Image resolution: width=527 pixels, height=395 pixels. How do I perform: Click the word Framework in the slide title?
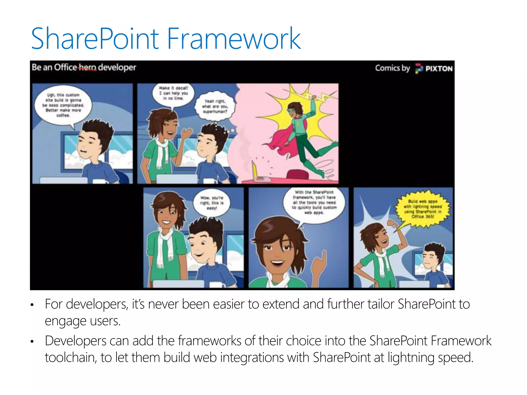pyautogui.click(x=234, y=39)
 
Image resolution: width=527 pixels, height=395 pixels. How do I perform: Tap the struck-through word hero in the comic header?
pyautogui.click(x=87, y=68)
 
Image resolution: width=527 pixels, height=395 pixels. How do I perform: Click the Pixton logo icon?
pyautogui.click(x=419, y=69)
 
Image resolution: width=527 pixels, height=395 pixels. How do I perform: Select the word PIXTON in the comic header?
pyautogui.click(x=439, y=69)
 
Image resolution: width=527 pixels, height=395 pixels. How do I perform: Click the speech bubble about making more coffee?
pyautogui.click(x=63, y=105)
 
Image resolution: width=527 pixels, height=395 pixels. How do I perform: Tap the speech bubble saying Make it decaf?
pyautogui.click(x=173, y=93)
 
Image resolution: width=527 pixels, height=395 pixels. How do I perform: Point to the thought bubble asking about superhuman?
pyautogui.click(x=215, y=106)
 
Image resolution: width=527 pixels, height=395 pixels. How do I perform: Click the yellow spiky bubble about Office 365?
pyautogui.click(x=423, y=209)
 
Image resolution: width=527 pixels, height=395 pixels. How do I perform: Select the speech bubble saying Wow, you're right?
pyautogui.click(x=212, y=203)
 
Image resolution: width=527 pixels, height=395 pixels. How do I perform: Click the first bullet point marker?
pyautogui.click(x=32, y=305)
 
